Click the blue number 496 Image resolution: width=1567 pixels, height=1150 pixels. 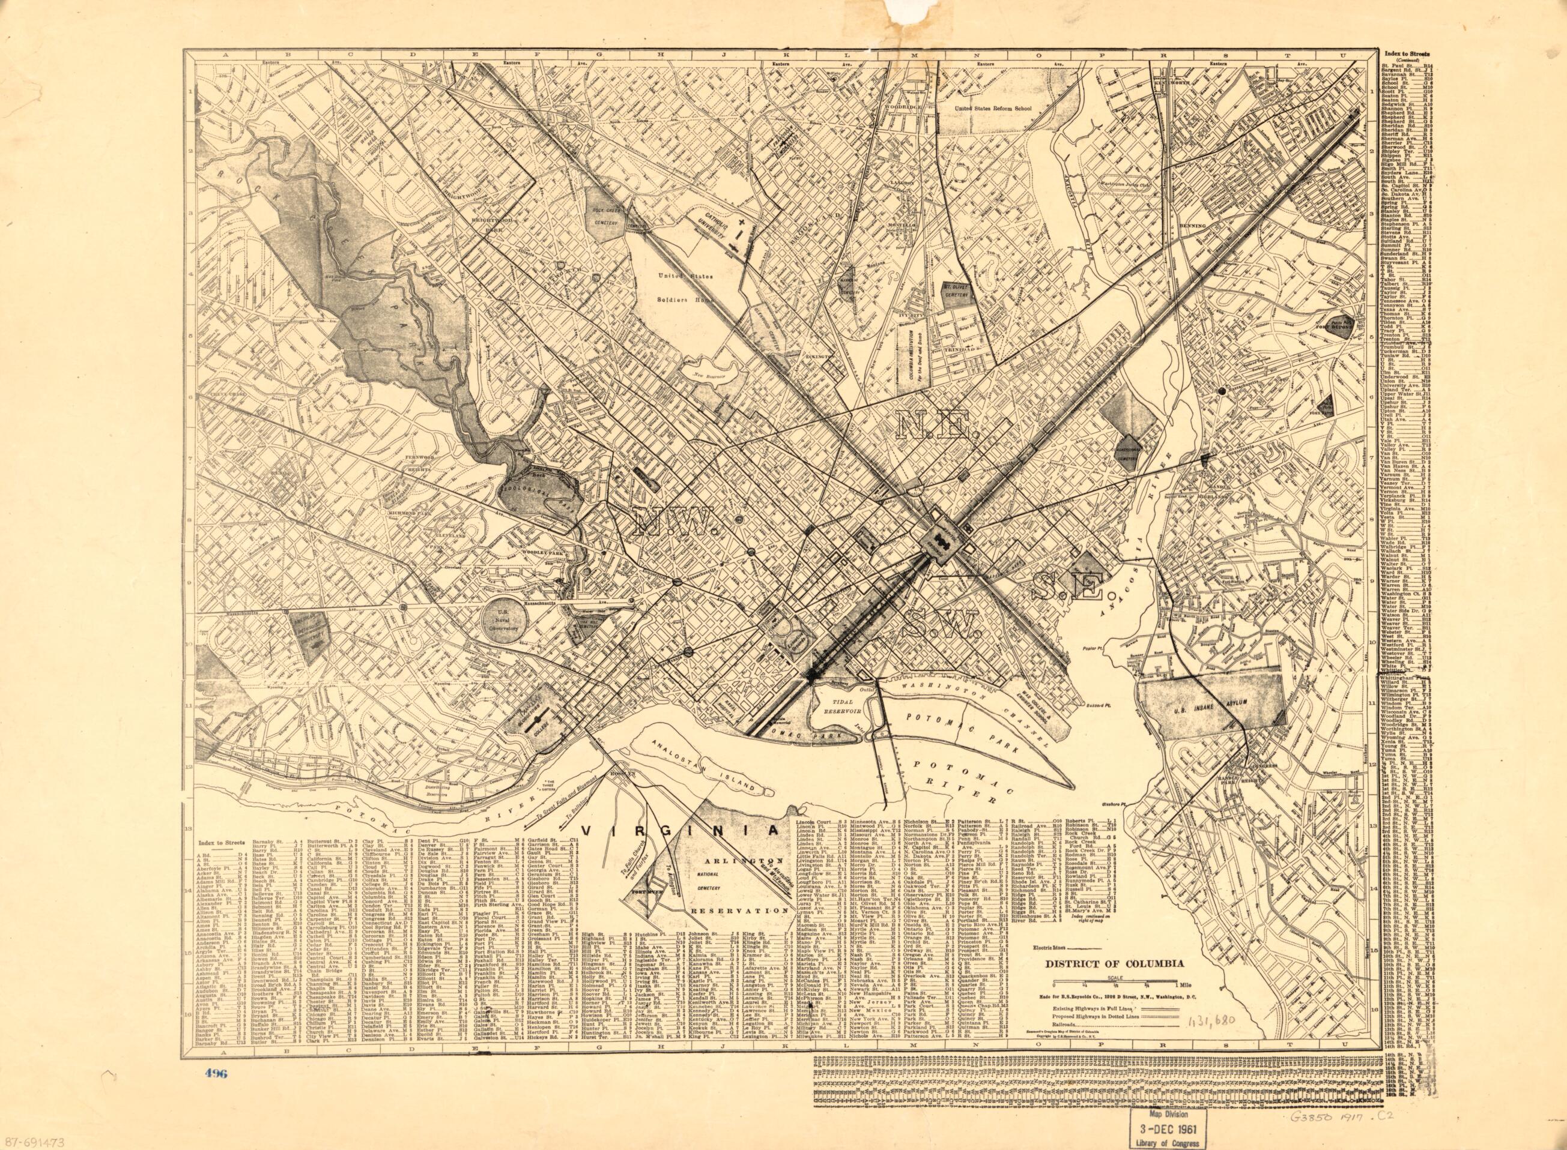pos(214,1073)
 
